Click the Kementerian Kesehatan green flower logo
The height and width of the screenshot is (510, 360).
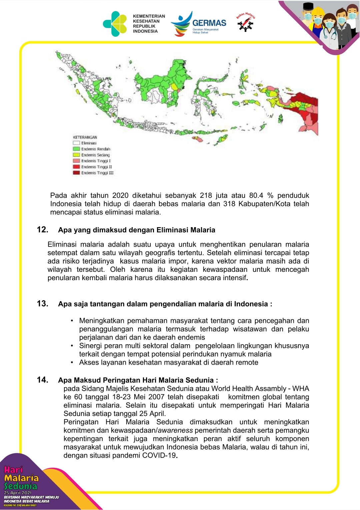pos(115,24)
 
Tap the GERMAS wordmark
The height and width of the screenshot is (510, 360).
pos(209,23)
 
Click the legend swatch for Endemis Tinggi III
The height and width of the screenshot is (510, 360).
pos(76,173)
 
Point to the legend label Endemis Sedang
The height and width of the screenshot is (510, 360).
pos(95,155)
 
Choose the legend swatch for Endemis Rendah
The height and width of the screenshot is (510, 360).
pos(76,149)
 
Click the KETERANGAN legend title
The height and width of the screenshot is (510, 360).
pos(85,137)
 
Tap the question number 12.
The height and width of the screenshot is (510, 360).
pos(42,229)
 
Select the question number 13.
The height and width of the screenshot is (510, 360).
pos(42,304)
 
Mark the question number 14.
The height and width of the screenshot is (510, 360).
pos(42,380)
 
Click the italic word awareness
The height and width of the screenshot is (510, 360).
pos(175,430)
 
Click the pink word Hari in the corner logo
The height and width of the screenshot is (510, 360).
pos(14,470)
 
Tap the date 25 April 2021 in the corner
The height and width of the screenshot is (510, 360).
pos(18,493)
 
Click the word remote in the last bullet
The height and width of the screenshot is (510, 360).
pos(247,363)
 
